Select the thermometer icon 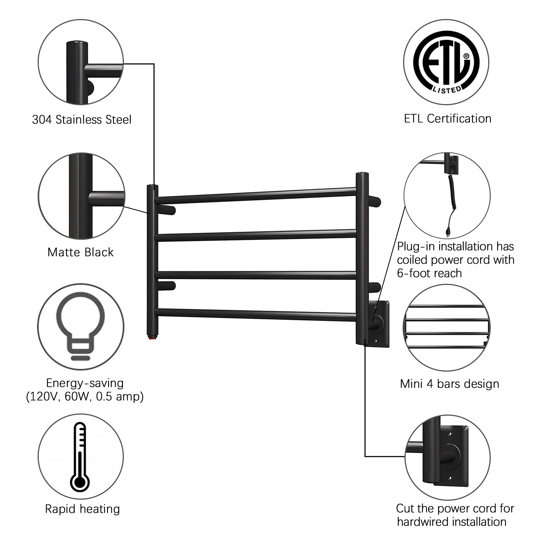click(80, 458)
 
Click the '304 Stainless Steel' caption click(82, 119)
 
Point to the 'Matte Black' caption click(81, 252)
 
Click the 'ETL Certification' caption click(448, 119)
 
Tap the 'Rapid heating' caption click(82, 509)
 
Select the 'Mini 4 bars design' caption click(450, 384)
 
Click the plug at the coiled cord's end click(448, 232)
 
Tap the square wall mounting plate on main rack click(379, 324)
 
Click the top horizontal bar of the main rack click(255, 196)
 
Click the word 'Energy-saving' click(85, 383)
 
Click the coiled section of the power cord click(452, 192)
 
